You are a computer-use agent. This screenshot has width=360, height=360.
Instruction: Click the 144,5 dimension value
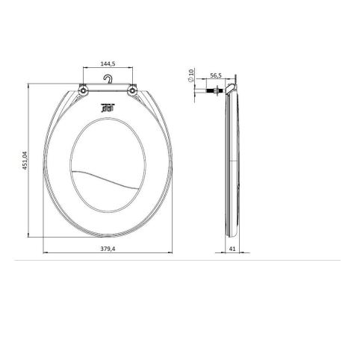(x=108, y=63)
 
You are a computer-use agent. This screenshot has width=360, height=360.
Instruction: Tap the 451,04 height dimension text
(x=25, y=161)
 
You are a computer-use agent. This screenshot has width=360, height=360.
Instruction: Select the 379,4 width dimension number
(x=108, y=249)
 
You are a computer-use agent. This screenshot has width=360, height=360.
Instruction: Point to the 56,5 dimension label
(x=216, y=75)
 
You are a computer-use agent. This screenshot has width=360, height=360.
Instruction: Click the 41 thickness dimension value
(x=232, y=249)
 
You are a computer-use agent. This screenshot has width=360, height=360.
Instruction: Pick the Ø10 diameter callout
(x=191, y=75)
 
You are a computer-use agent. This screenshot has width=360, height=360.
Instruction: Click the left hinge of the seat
(x=83, y=90)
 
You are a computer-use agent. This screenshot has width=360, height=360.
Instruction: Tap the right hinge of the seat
(x=132, y=90)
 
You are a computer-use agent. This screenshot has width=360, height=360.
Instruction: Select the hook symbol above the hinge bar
(x=108, y=79)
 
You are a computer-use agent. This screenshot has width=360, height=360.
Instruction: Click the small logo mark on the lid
(x=108, y=108)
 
